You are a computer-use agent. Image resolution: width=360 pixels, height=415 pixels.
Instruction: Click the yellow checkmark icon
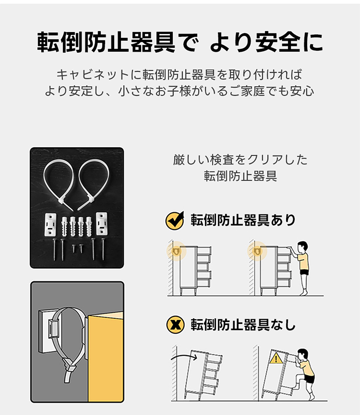(175, 221)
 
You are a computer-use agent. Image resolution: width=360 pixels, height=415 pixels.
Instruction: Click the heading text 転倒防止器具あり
(243, 220)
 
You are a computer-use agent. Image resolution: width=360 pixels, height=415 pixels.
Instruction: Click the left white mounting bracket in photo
(50, 224)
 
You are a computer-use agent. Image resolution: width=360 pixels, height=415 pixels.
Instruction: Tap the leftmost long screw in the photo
(54, 249)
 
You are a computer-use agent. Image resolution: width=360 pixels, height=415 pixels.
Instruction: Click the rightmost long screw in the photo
(103, 249)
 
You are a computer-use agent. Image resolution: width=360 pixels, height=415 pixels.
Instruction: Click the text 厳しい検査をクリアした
(240, 160)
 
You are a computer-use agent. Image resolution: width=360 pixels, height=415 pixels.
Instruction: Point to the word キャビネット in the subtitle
(93, 75)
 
